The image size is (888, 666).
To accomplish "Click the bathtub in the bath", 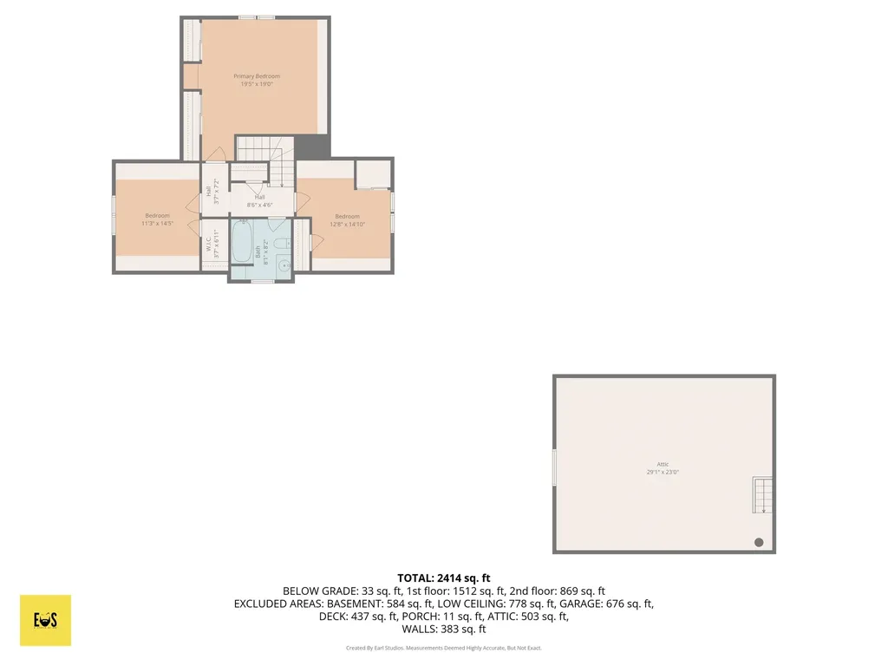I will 243,243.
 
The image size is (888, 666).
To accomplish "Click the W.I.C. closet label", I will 209,246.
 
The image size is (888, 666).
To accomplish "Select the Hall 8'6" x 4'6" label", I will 259,201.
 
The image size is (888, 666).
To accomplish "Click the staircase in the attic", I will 761,495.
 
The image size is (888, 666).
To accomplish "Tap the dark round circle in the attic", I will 759,542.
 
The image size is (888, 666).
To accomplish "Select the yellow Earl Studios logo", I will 45,620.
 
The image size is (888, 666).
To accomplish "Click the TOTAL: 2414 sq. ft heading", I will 444,578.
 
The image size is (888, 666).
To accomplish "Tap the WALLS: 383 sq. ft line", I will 444,630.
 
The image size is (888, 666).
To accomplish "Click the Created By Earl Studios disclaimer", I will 444,648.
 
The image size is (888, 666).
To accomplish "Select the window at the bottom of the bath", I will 263,281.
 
